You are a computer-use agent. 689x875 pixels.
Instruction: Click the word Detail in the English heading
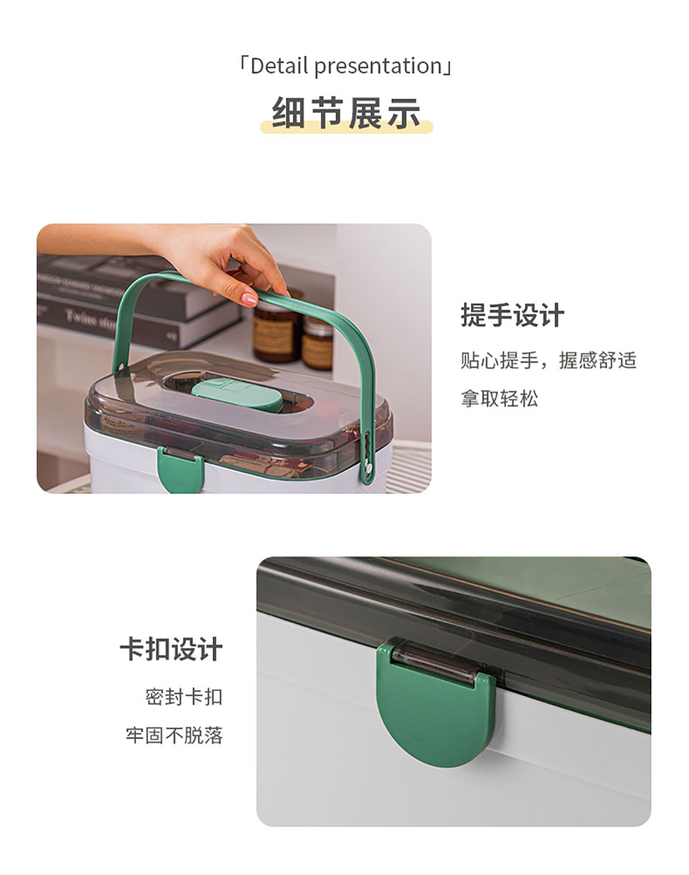click(x=279, y=66)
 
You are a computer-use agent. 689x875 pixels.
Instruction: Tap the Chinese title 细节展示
click(x=346, y=113)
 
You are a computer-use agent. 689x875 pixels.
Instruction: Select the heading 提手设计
click(x=512, y=315)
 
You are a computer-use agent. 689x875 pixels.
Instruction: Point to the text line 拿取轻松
click(x=500, y=398)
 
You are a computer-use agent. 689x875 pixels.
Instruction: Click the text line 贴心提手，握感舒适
click(x=548, y=360)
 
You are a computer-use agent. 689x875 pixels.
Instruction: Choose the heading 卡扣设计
click(x=171, y=649)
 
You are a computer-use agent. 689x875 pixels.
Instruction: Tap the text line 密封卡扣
click(x=184, y=697)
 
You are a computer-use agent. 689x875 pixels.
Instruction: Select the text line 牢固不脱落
click(x=174, y=735)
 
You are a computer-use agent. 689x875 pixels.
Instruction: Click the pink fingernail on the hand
click(x=249, y=297)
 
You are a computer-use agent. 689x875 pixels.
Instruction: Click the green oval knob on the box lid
click(x=237, y=395)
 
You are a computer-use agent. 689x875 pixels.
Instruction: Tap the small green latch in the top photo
click(x=180, y=470)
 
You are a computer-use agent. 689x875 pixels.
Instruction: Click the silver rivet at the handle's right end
click(x=369, y=468)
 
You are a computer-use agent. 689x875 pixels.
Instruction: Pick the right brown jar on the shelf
click(x=318, y=343)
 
